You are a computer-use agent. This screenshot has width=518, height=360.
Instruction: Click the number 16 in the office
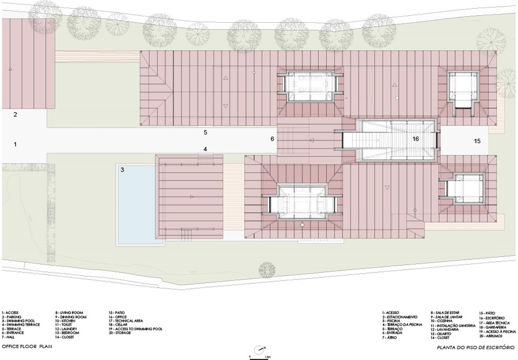pos(415,139)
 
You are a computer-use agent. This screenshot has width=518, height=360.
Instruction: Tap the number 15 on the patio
pos(477,141)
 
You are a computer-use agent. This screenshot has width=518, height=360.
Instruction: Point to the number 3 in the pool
pos(122,169)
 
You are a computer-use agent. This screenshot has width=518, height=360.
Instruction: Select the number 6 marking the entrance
pos(272,139)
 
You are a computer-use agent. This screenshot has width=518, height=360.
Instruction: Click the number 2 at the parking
pos(16,114)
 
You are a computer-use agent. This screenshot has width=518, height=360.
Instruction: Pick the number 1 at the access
pos(16,144)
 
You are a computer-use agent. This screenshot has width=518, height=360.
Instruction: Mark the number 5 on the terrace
pos(205,132)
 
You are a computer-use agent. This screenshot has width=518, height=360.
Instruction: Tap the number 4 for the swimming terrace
pos(205,149)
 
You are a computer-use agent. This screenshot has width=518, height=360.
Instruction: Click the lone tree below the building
pos(267,269)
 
